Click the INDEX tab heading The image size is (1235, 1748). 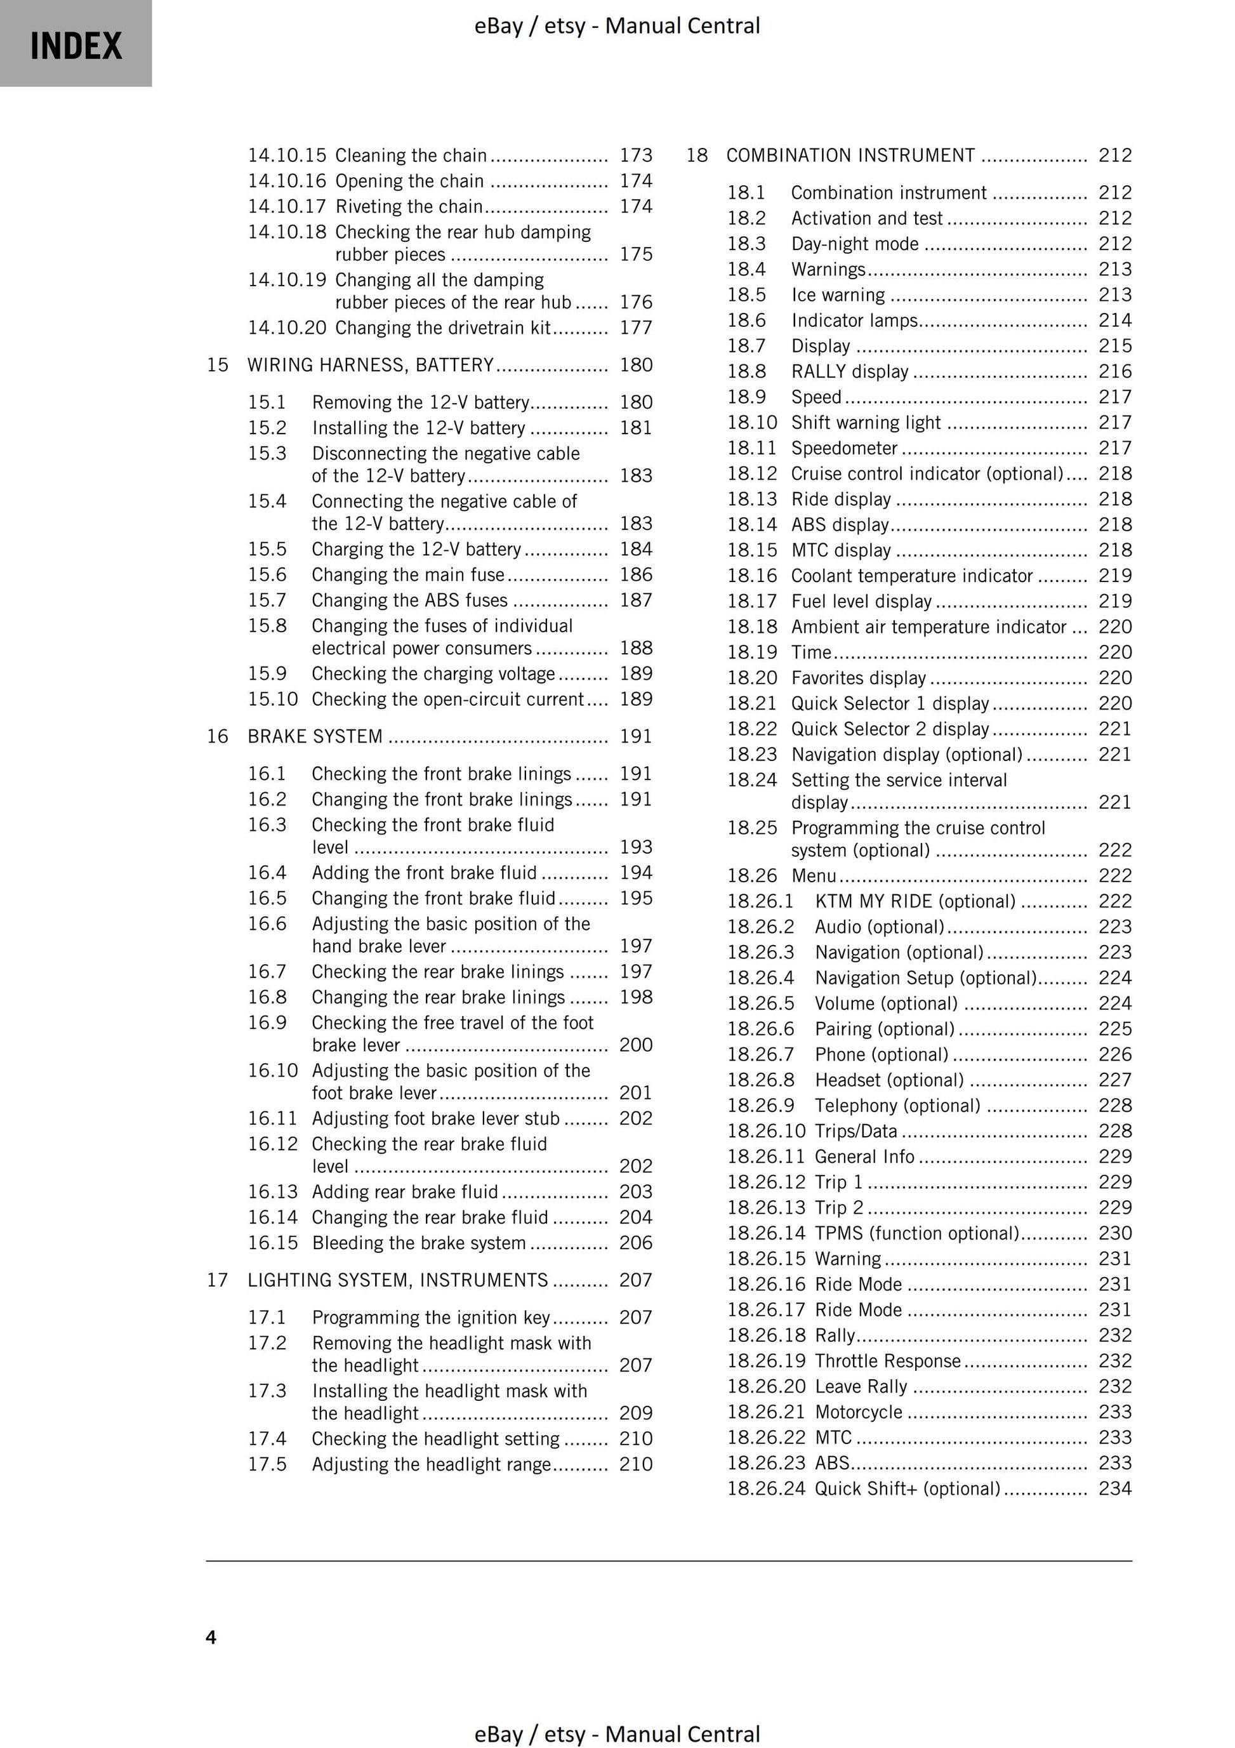tap(76, 46)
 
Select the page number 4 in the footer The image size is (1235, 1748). tap(211, 1637)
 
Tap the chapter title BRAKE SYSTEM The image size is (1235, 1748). tap(314, 736)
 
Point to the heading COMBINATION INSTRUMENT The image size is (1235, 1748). tap(850, 156)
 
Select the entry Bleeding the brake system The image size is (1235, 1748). tap(419, 1243)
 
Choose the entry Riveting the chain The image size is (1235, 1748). tap(409, 206)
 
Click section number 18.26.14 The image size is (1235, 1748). tap(766, 1233)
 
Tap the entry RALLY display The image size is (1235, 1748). tap(850, 371)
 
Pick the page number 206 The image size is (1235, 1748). tap(636, 1243)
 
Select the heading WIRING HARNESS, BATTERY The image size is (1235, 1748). tap(371, 365)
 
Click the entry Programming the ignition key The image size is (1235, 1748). tap(431, 1317)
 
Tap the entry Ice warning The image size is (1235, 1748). tap(838, 295)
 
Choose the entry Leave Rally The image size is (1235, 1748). tap(861, 1386)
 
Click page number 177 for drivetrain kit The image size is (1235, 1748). tap(636, 328)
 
